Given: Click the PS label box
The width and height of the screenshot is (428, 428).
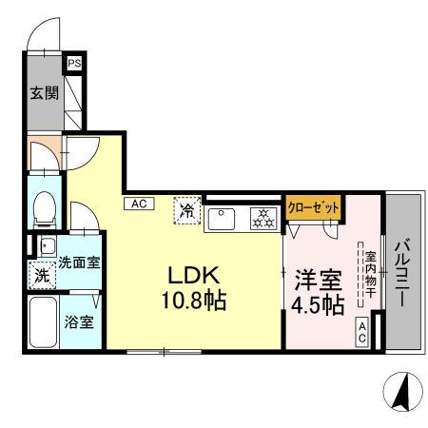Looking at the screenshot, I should (73, 64).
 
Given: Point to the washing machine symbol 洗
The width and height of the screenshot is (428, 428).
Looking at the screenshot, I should (42, 276).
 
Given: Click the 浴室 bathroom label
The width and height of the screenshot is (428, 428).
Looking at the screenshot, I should (79, 322).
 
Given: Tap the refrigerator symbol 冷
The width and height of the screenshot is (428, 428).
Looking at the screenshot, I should (187, 209).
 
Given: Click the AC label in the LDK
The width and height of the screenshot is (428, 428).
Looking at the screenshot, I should (138, 203).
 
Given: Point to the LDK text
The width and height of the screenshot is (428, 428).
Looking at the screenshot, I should (195, 275).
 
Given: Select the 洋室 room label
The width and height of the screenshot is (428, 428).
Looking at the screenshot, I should (317, 279).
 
